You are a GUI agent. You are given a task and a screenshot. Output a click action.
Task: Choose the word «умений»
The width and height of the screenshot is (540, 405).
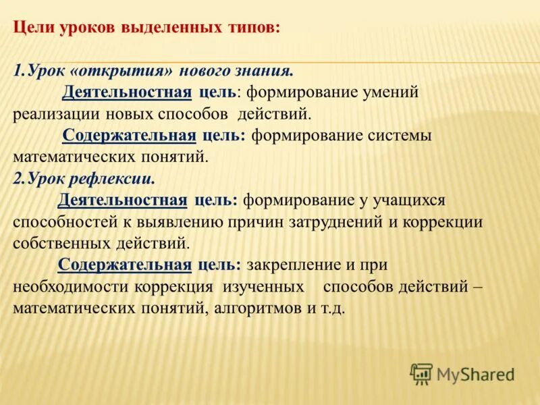click(387, 92)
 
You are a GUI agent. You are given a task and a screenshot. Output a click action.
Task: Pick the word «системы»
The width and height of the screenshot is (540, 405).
click(398, 135)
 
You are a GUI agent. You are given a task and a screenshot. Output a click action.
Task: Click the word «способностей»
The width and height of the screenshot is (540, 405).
click(63, 222)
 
